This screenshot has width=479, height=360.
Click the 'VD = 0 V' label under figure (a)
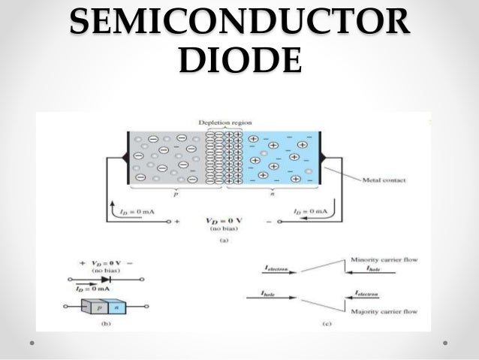coord(224,222)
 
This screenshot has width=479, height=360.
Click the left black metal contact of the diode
coord(122,160)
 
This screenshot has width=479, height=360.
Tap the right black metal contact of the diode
coord(325,160)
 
